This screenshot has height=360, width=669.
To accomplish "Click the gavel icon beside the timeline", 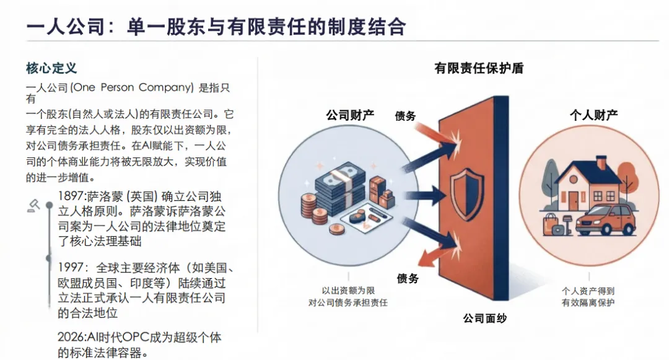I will (33, 207).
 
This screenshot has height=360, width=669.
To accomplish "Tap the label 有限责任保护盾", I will (478, 68).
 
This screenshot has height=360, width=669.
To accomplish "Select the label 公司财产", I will (350, 115).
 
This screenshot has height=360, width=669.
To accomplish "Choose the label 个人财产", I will (593, 115).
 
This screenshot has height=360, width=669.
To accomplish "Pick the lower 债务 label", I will (408, 278).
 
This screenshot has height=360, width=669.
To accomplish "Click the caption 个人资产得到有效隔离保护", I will (588, 297).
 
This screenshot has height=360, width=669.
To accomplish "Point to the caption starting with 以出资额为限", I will (348, 297).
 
